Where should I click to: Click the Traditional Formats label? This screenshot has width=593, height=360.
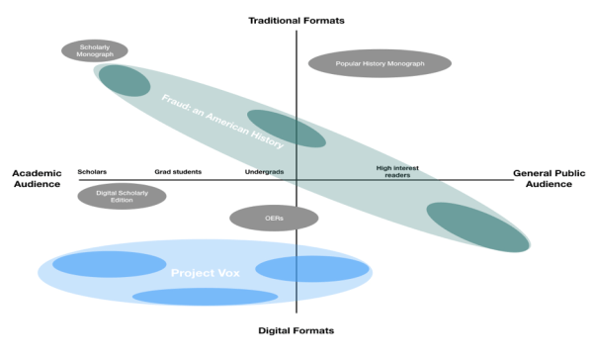coord(296,20)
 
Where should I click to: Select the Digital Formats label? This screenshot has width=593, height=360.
coord(296,329)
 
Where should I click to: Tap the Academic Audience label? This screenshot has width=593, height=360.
coord(37,178)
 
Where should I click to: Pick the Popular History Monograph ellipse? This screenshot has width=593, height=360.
coord(380,63)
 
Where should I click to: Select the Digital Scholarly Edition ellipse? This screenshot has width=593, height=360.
coord(122,196)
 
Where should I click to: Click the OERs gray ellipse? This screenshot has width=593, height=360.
coord(273,218)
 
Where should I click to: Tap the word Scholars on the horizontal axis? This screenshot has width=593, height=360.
coord(92,171)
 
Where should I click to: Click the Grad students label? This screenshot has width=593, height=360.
coord(177,171)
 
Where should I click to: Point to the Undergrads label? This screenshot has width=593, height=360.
coord(264,172)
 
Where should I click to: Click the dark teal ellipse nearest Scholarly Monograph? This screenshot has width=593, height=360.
coord(124,79)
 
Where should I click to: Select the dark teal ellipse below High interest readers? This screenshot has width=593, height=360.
coord(476,226)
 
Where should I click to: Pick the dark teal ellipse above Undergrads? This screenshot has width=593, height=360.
coord(285,127)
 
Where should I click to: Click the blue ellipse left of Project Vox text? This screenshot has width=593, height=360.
coord(109,264)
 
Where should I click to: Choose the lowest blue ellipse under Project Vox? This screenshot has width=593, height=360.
coord(205,296)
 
